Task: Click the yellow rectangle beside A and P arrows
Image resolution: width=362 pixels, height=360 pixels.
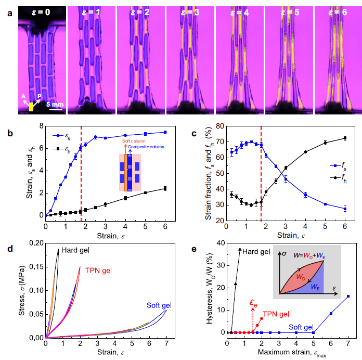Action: tap(31, 107)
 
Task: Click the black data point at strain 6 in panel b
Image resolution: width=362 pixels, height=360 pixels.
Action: tap(165, 188)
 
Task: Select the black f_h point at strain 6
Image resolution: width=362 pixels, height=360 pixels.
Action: tap(345, 138)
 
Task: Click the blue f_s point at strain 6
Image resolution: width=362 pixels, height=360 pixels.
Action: tap(345, 209)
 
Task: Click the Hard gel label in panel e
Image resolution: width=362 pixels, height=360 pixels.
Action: tap(256, 252)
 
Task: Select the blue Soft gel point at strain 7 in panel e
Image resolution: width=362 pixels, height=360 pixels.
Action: tap(348, 296)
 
